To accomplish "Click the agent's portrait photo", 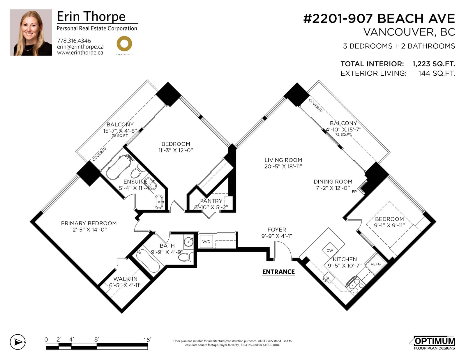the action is click(31, 32).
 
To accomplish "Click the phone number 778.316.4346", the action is click(74, 41).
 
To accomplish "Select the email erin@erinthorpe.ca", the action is click(80, 47).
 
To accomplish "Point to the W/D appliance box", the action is click(206, 242).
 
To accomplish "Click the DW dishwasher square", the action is click(330, 250).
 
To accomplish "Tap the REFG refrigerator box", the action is click(376, 264).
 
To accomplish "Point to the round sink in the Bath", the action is click(188, 242).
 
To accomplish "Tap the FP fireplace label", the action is click(354, 191).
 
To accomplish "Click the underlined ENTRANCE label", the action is click(278, 272).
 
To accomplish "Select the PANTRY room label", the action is click(211, 201).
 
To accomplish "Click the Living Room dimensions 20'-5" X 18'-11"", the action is click(283, 166).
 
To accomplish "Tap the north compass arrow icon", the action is click(18, 342).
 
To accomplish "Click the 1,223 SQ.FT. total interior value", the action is click(434, 64).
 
